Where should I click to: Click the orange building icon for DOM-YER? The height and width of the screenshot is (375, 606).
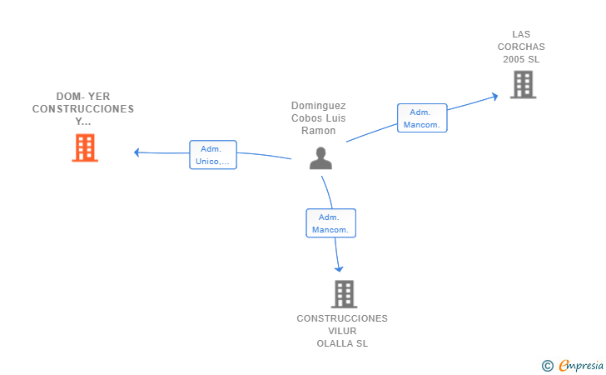pos(85,147)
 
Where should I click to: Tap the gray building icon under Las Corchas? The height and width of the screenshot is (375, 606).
pos(523,84)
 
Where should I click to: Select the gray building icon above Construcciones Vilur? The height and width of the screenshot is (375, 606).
pos(344,293)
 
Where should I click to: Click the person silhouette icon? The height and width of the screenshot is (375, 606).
pos(320,157)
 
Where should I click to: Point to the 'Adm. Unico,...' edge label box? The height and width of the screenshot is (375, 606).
pos(213,155)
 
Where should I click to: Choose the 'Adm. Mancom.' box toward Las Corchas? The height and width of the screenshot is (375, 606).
pos(422,118)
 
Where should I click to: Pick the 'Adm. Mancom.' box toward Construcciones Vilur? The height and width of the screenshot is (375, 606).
pos(330,223)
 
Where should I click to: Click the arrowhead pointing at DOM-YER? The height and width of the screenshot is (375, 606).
pos(137,152)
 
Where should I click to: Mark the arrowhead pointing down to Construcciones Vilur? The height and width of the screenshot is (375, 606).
pos(339,268)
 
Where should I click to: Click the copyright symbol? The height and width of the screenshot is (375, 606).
pos(547,365)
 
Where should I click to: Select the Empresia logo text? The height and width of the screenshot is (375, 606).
pos(581,365)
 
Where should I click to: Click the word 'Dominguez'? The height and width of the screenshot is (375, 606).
pos(319,106)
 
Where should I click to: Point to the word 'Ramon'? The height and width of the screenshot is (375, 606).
pos(320,131)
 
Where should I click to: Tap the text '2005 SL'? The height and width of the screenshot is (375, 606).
pos(521,59)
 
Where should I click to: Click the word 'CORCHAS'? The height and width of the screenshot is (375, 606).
pos(521,47)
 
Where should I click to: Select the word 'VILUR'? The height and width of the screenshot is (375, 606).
pos(342,331)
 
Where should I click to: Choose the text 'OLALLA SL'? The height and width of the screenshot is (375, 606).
pos(342,343)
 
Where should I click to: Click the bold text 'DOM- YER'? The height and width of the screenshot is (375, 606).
pos(83,97)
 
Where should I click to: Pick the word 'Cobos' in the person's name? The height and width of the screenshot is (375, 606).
pos(306,118)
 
